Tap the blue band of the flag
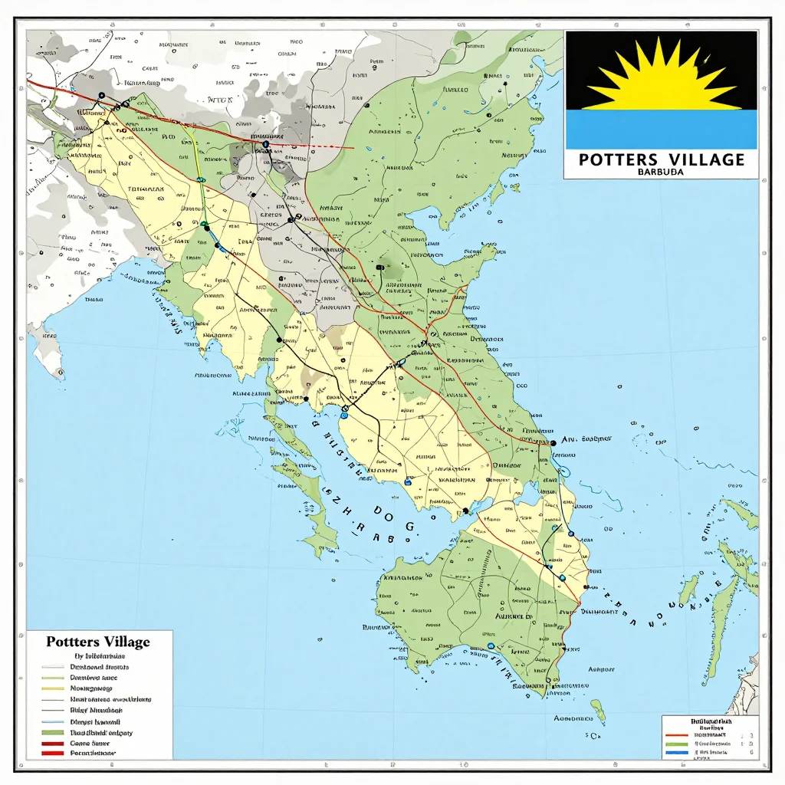click(x=661, y=129)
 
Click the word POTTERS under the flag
click(x=619, y=159)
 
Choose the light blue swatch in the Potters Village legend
click(x=53, y=722)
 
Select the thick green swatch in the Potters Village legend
click(x=53, y=734)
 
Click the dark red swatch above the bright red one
click(x=53, y=744)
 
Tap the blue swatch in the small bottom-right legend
click(x=676, y=754)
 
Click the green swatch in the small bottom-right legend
click(x=676, y=744)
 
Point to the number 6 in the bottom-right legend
click(x=751, y=754)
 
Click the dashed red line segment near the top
click(x=314, y=145)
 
